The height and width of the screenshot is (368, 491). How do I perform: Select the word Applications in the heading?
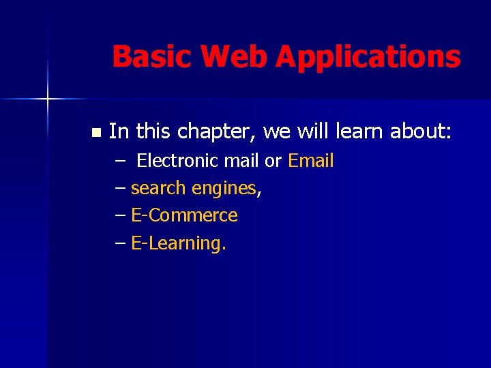pos(368,57)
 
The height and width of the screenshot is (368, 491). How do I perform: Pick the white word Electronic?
pos(175,162)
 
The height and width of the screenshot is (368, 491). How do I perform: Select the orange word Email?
pos(311,162)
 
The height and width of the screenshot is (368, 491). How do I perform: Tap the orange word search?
pos(159,189)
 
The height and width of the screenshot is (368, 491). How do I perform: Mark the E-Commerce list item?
pos(184,216)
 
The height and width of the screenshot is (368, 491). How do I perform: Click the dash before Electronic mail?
pos(120,162)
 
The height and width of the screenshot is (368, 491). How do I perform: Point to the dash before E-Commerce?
pos(120,216)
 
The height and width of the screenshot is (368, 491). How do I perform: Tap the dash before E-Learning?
pos(120,243)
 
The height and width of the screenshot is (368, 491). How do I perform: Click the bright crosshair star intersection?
pos(48,99)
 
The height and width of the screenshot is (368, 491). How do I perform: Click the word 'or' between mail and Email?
pos(273,162)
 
